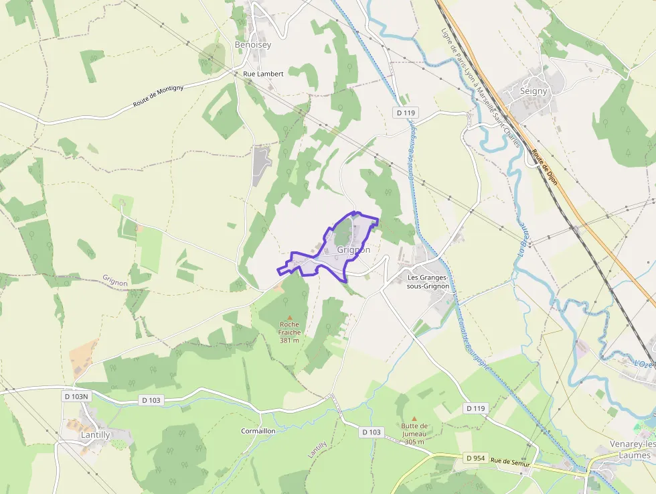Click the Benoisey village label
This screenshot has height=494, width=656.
coord(253,45)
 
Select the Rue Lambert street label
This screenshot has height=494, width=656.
coord(263,74)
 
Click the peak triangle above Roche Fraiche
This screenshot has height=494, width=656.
coord(290,317)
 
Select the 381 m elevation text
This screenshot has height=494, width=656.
coord(290,340)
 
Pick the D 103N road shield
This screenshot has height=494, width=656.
coord(76,397)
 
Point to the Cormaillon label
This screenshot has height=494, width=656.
coord(258,431)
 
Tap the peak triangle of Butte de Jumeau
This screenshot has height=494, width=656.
coord(414,418)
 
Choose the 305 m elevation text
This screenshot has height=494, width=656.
coord(414,441)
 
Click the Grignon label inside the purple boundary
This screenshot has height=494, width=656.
coord(354,250)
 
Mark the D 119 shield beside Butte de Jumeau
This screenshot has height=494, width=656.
coord(475,408)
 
